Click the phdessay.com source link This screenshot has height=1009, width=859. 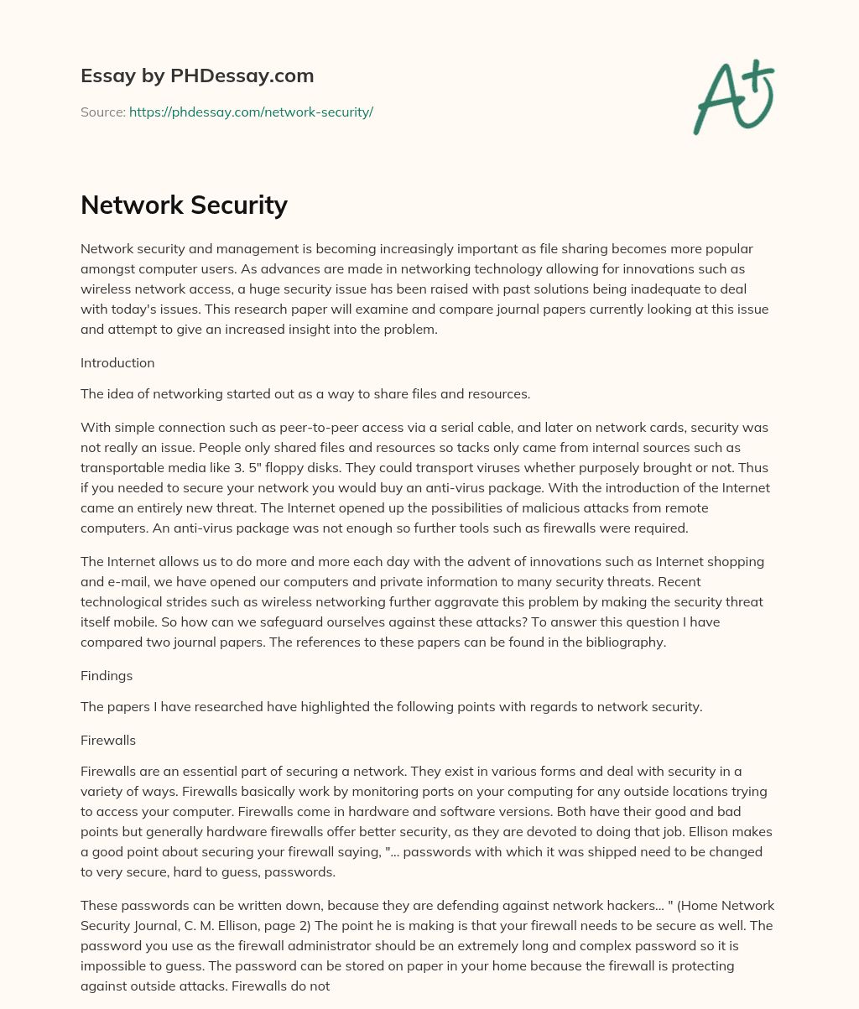tap(251, 112)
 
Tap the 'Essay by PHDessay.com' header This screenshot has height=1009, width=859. tap(197, 75)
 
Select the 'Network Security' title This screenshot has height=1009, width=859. tap(184, 205)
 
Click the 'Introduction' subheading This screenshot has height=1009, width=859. tap(117, 363)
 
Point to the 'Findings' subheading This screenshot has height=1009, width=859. tap(107, 675)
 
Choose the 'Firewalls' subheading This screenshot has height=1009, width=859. tap(108, 740)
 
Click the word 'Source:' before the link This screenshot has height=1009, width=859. tap(103, 112)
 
